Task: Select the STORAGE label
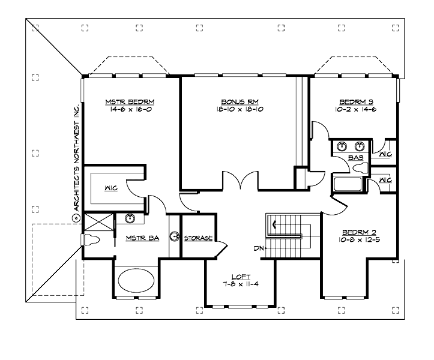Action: (x=197, y=238)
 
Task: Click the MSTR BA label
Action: (x=142, y=238)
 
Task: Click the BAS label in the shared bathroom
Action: (x=355, y=158)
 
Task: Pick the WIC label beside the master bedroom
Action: (x=110, y=188)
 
